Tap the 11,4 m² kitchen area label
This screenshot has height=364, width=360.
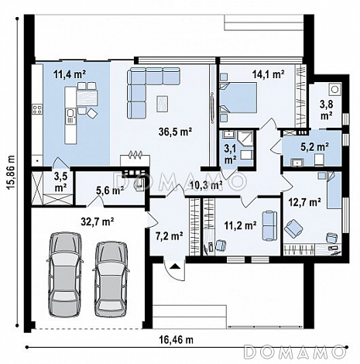[x=70, y=74]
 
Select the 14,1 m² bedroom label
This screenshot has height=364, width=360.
[x=268, y=74]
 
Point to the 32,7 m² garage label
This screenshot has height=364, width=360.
[x=98, y=221]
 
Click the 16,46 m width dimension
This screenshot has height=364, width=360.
[x=176, y=340]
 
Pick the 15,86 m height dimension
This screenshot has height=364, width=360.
[x=11, y=173]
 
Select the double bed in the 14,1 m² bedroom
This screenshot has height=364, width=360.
[x=238, y=98]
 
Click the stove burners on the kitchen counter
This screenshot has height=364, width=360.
[x=37, y=109]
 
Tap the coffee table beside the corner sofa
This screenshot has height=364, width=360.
[x=162, y=104]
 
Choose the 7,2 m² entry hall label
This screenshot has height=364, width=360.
[x=170, y=235]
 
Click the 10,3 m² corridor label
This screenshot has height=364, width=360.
[x=207, y=185]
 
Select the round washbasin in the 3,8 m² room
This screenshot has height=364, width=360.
[x=334, y=89]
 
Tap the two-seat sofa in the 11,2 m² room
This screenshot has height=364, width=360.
[x=269, y=226]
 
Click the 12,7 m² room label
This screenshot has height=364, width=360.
[x=304, y=202]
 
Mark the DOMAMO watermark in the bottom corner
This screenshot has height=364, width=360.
[x=295, y=352]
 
